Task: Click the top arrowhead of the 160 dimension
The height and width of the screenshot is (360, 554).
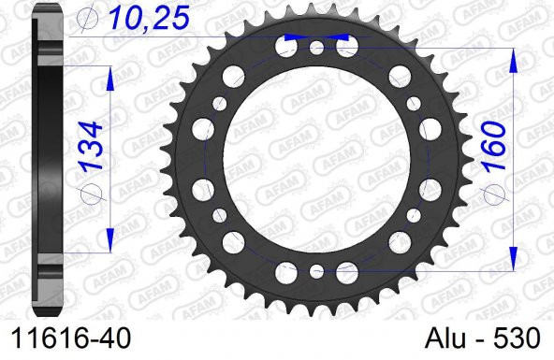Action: click(514, 58)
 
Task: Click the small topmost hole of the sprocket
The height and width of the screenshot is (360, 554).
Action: click(316, 45)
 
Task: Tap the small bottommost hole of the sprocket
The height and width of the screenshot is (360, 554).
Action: click(316, 272)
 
